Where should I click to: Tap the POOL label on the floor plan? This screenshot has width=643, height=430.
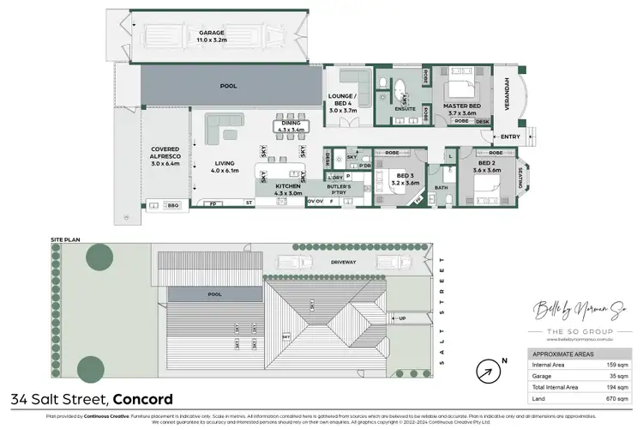[227, 86]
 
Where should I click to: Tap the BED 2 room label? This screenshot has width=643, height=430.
[485, 166]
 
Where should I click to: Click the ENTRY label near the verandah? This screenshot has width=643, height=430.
[510, 137]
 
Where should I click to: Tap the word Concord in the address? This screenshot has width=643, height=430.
[142, 398]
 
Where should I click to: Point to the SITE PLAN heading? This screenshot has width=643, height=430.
[64, 240]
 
